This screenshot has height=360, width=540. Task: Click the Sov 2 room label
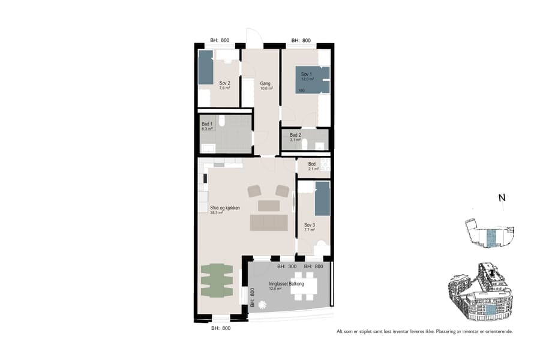click(224, 83)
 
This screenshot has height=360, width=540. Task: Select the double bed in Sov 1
click(312, 80)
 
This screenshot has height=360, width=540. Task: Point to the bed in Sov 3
click(322, 199)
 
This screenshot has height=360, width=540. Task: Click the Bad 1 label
click(207, 124)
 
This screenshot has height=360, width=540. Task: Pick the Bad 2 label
click(295, 135)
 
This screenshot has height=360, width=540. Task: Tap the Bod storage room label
click(312, 164)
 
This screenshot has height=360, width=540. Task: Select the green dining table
click(217, 280)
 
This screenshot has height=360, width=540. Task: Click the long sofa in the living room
click(268, 223)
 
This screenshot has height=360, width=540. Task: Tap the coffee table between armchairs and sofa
click(268, 206)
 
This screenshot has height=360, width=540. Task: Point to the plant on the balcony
click(262, 304)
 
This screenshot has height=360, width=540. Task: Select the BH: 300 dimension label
click(287, 266)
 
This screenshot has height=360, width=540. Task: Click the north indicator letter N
click(502, 198)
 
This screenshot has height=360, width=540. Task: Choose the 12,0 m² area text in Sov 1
click(308, 79)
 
